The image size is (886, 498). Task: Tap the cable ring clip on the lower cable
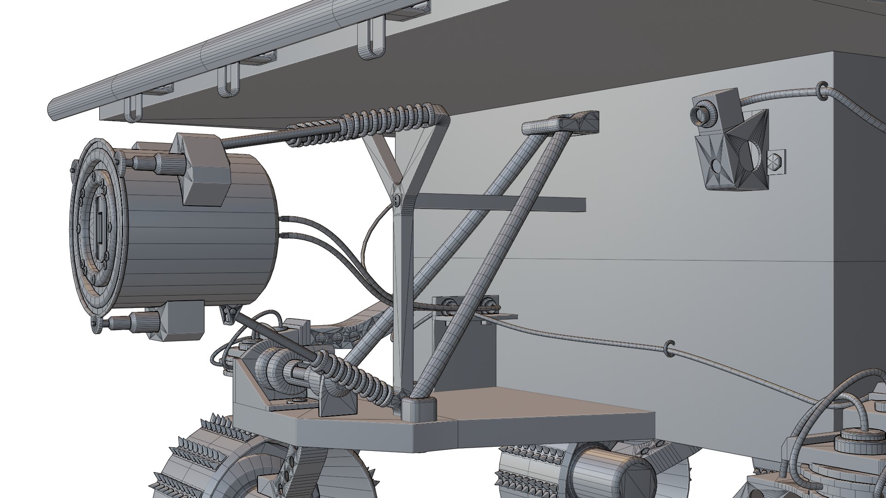click(x=669, y=349)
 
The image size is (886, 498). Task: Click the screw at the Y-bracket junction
click(x=397, y=199)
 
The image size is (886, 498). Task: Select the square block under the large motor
click(x=182, y=320)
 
